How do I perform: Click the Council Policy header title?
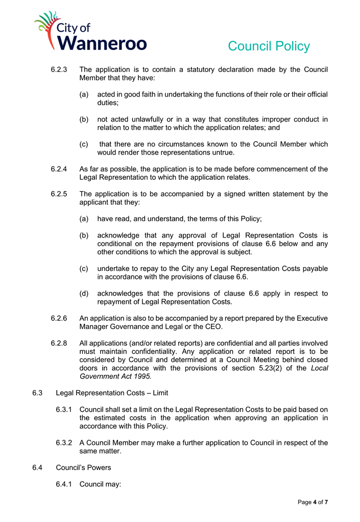pyautogui.click(x=269, y=46)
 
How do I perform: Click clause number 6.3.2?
pyautogui.click(x=66, y=442)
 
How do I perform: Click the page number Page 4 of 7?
pyautogui.click(x=313, y=503)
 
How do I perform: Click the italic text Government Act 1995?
pyautogui.click(x=115, y=376)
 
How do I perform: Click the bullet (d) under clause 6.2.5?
pyautogui.click(x=85, y=293)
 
